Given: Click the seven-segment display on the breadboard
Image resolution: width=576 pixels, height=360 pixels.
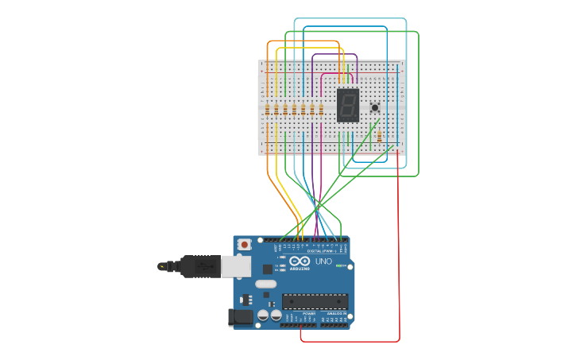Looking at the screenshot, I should tap(348, 105).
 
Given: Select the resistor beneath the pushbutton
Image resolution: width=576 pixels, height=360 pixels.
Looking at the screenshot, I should tap(379, 137).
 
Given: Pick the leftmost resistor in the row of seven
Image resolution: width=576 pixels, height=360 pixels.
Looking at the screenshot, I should tap(268, 110).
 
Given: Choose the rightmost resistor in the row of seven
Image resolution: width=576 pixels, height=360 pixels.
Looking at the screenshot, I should tap(320, 110).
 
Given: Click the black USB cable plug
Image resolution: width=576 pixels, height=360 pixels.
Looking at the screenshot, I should tap(199, 266).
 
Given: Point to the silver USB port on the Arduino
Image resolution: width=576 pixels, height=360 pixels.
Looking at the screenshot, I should tap(235, 266).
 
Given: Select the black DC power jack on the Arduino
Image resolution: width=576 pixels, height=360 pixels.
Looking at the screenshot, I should tap(241, 317).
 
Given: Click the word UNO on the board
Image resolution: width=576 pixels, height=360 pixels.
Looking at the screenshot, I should tap(323, 261).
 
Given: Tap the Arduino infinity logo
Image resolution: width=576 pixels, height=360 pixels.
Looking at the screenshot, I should tap(300, 261).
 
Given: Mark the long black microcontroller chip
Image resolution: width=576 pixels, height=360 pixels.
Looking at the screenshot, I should tap(315, 301).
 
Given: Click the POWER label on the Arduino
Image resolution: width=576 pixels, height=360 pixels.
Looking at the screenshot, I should tap(308, 314).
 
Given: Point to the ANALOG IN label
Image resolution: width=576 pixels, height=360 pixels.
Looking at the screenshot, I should tap(336, 314).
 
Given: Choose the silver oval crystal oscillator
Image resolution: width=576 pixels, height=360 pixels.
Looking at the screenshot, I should tap(266, 284).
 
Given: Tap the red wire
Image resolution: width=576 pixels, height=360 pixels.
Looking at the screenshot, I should tap(398, 238).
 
